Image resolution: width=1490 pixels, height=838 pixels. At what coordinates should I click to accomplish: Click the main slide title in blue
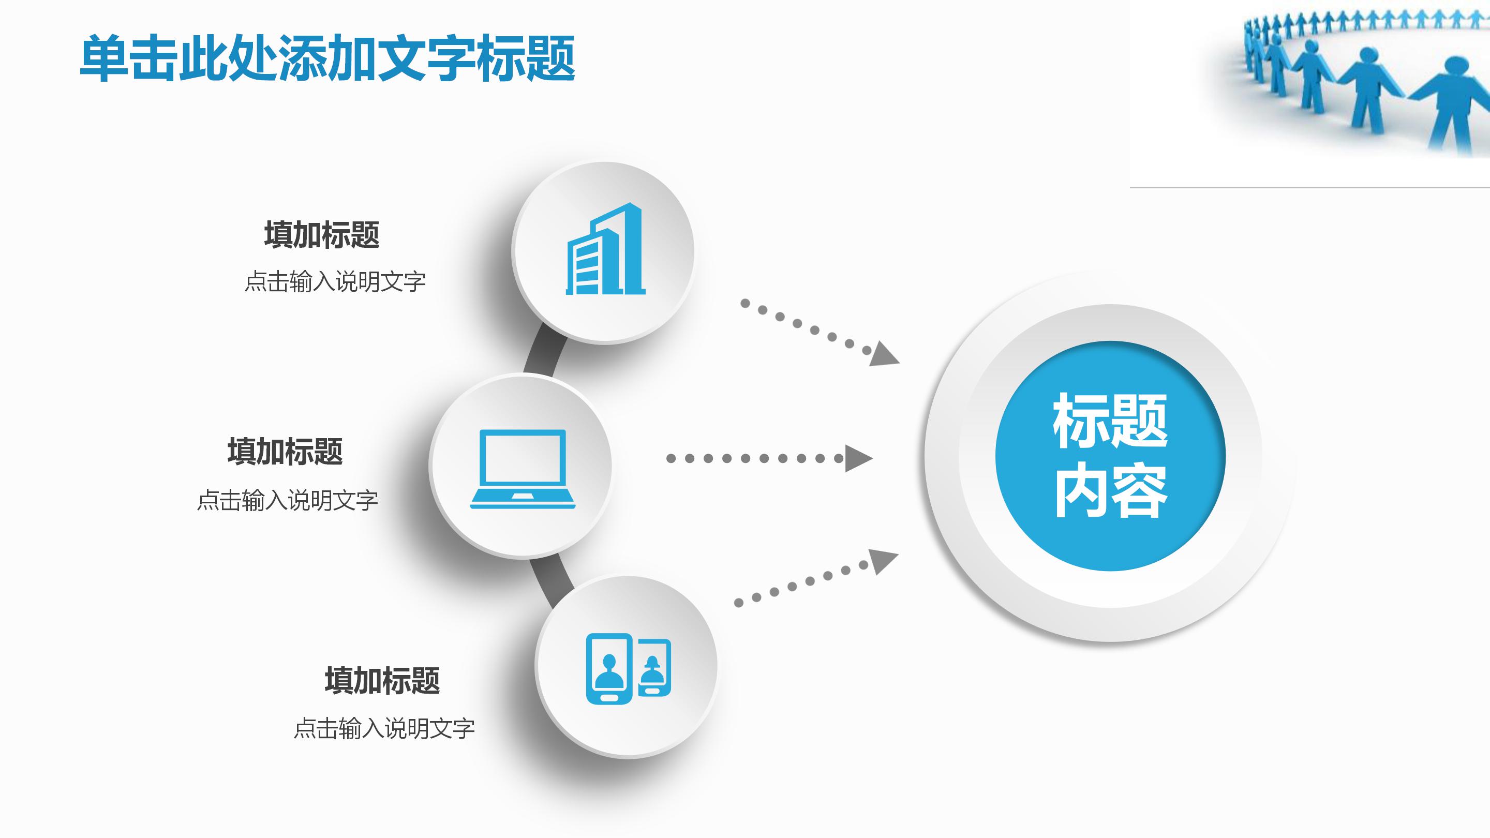pyautogui.click(x=327, y=58)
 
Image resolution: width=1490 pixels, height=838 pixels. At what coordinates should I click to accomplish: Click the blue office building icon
pyautogui.click(x=604, y=250)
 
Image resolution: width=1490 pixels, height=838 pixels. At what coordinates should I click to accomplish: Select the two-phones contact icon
pyautogui.click(x=628, y=669)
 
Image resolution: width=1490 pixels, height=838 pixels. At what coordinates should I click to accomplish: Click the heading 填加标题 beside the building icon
pyautogui.click(x=322, y=235)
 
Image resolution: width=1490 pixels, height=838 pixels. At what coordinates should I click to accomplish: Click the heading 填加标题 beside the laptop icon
pyautogui.click(x=285, y=452)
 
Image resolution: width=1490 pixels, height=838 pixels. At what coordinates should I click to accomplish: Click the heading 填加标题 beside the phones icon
pyautogui.click(x=382, y=681)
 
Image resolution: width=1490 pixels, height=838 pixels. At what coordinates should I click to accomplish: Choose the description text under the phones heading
pyautogui.click(x=384, y=729)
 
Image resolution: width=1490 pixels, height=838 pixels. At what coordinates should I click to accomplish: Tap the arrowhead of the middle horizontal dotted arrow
pyautogui.click(x=857, y=459)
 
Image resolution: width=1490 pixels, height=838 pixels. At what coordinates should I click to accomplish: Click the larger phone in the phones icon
pyautogui.click(x=608, y=669)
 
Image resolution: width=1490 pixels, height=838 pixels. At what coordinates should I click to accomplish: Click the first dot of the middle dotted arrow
pyautogui.click(x=671, y=459)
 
